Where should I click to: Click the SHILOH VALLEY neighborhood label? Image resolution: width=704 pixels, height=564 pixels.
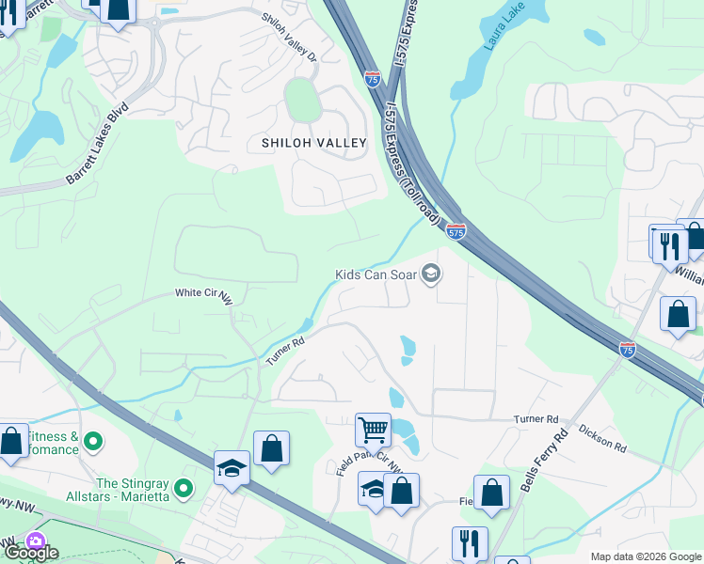pos(307,143)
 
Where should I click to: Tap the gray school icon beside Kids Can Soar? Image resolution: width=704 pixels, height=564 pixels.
pos(431,274)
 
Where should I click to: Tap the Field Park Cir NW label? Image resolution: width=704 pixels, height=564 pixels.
pos(371,462)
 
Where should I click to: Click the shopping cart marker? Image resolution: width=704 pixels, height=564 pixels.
pos(373,431)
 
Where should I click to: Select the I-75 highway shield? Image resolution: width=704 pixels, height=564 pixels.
pos(628,350)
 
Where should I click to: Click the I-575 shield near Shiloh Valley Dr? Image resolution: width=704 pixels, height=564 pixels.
pos(373,80)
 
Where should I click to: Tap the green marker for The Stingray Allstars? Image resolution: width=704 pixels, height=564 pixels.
pos(184,488)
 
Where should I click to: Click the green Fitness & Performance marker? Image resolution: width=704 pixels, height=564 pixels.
pos(92,440)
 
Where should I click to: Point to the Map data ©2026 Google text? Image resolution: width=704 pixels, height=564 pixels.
pos(645,556)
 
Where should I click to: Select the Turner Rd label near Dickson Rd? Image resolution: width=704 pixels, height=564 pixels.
pos(536,418)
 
